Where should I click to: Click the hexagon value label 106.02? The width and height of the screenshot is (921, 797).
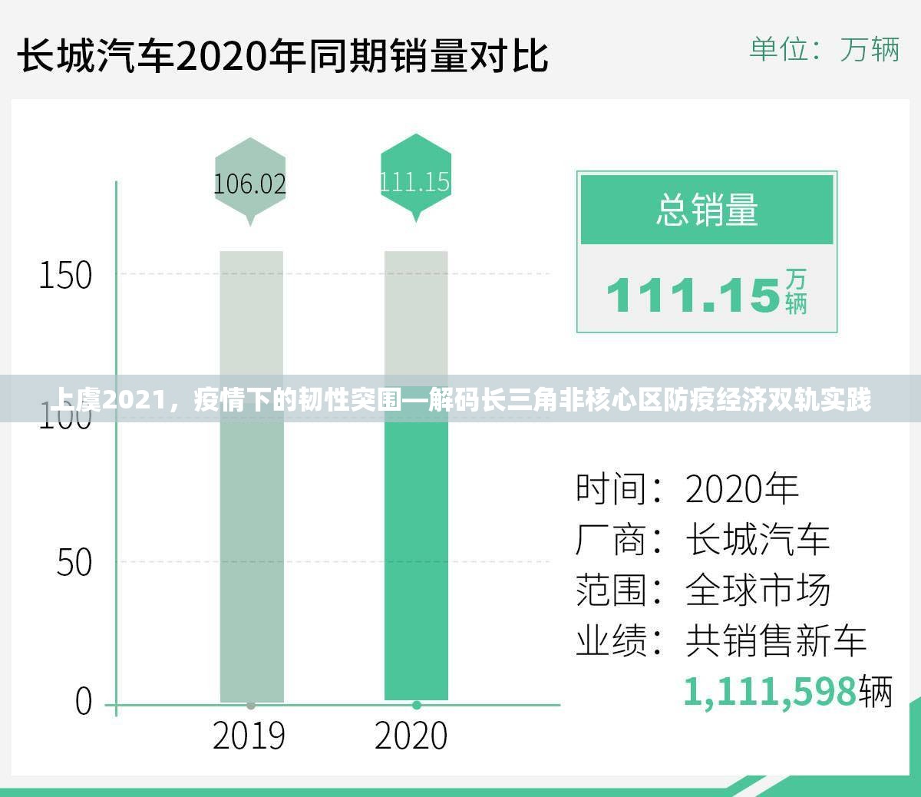pos(249,184)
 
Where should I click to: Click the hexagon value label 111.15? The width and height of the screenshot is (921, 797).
pos(415,181)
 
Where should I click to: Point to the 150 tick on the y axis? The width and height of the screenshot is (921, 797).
pos(65,275)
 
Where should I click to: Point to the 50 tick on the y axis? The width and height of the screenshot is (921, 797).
pos(74,562)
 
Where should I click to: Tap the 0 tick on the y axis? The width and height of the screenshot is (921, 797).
pos(84,702)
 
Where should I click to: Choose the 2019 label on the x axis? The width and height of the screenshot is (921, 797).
pos(249,736)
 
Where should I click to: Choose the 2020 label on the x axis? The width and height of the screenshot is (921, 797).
pos(411,736)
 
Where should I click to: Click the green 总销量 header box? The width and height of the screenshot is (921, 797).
pos(707,210)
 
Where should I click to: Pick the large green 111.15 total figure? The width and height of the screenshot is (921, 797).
pos(694,295)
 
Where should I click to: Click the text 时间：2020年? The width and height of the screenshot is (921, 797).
pos(688,489)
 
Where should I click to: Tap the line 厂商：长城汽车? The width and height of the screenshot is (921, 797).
pos(702,540)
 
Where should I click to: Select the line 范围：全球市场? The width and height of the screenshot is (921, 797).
pos(702,590)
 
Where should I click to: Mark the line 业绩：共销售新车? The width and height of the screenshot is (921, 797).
pos(721,640)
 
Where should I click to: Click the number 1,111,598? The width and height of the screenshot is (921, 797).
pos(769,691)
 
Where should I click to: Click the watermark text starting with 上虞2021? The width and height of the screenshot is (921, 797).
pos(460,400)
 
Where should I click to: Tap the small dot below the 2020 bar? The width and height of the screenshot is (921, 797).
pos(417,705)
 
